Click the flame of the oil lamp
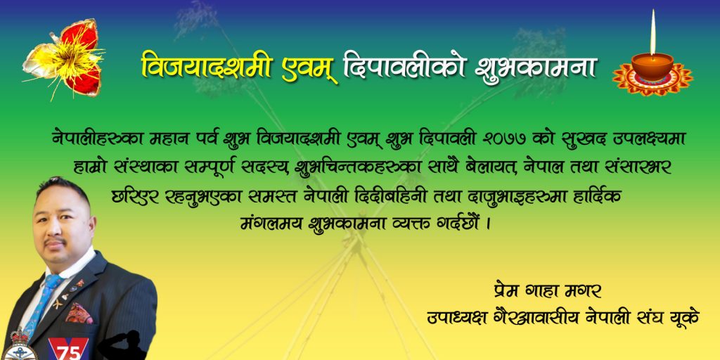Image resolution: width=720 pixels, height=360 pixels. click(x=652, y=32)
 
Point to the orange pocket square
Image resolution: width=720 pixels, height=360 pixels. click(x=79, y=313)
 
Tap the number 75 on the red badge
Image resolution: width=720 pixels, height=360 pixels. click(x=69, y=352)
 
